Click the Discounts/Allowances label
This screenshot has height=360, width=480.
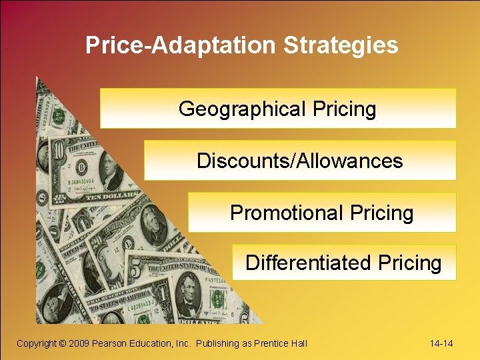[x=299, y=161]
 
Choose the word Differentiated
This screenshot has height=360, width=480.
[x=308, y=263]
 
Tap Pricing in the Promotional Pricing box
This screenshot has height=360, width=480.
[x=380, y=213]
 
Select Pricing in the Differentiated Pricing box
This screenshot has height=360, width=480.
[x=409, y=263]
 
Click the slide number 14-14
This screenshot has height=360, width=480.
[x=441, y=343]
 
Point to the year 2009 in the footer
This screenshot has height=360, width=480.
[x=80, y=343]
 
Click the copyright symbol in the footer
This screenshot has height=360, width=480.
[x=62, y=343]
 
